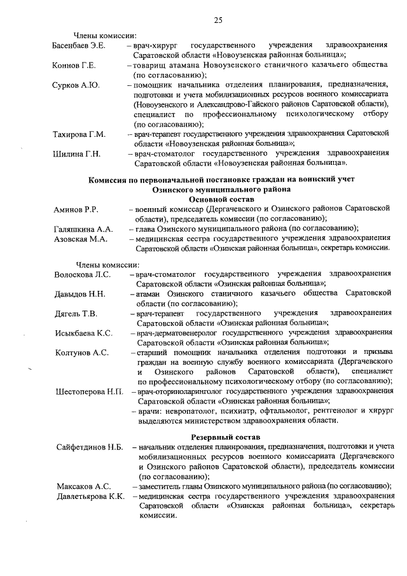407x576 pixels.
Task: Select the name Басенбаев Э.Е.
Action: (x=79, y=46)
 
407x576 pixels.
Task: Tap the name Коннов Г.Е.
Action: (x=74, y=66)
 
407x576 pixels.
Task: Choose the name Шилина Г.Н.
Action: (x=76, y=153)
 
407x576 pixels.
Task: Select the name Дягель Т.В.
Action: (x=76, y=314)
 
